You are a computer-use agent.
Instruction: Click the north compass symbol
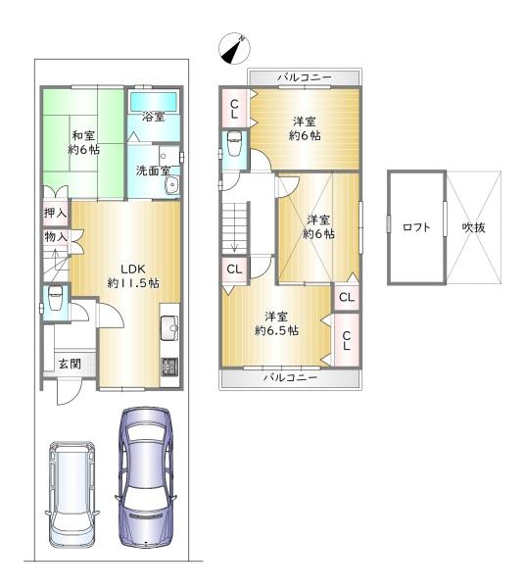pos(235,48)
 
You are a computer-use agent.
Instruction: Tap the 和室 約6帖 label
pos(83,142)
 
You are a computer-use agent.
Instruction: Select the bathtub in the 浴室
pos(154,101)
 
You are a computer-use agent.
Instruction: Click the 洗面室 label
pos(153,171)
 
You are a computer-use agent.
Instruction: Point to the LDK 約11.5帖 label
pos(133,275)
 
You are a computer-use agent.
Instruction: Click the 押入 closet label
pos(56,213)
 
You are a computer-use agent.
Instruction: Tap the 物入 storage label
pos(56,236)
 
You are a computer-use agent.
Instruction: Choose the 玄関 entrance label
pos(70,364)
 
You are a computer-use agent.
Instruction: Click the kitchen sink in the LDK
pos(169,327)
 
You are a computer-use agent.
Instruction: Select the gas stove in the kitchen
pos(169,367)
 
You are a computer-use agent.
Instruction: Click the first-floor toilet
pos(55,298)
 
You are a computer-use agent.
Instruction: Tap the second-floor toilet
pos(234,143)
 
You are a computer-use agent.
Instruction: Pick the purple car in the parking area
pos(146,477)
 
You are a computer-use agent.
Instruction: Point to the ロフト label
pos(416,227)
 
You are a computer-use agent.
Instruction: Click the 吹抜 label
pos(474,227)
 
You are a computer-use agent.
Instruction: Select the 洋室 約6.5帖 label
pos(276,323)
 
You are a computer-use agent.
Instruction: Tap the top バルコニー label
pos(305,77)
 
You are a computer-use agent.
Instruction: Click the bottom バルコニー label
pos(291,377)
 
